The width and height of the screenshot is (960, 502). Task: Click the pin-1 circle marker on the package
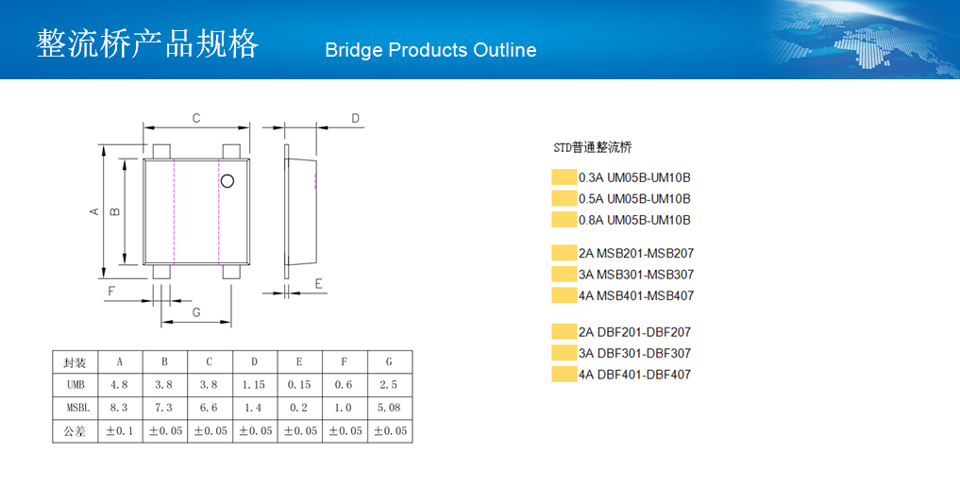(227, 181)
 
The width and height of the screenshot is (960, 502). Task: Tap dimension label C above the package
(196, 118)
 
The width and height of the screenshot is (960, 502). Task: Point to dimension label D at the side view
(355, 118)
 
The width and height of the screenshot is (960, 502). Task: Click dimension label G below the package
(196, 312)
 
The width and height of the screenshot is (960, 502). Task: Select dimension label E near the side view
(318, 283)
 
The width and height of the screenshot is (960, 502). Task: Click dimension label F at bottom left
(111, 291)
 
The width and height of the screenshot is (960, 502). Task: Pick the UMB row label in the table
(76, 384)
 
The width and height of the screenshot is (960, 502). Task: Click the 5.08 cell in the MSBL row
(389, 407)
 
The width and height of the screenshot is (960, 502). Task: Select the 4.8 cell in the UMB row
(119, 384)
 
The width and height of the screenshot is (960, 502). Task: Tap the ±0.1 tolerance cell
(119, 431)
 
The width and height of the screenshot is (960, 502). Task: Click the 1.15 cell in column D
(254, 384)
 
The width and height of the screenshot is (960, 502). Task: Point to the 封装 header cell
(75, 362)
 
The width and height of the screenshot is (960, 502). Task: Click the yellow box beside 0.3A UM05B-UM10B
(564, 176)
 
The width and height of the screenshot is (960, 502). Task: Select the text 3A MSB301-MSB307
(636, 275)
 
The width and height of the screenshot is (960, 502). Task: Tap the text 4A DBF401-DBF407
(635, 374)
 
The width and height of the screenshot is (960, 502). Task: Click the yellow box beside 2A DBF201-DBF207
(564, 332)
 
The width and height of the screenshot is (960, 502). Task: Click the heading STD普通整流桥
(593, 147)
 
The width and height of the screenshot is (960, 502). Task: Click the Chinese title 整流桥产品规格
(147, 43)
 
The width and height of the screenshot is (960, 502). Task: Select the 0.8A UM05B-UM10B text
(634, 220)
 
